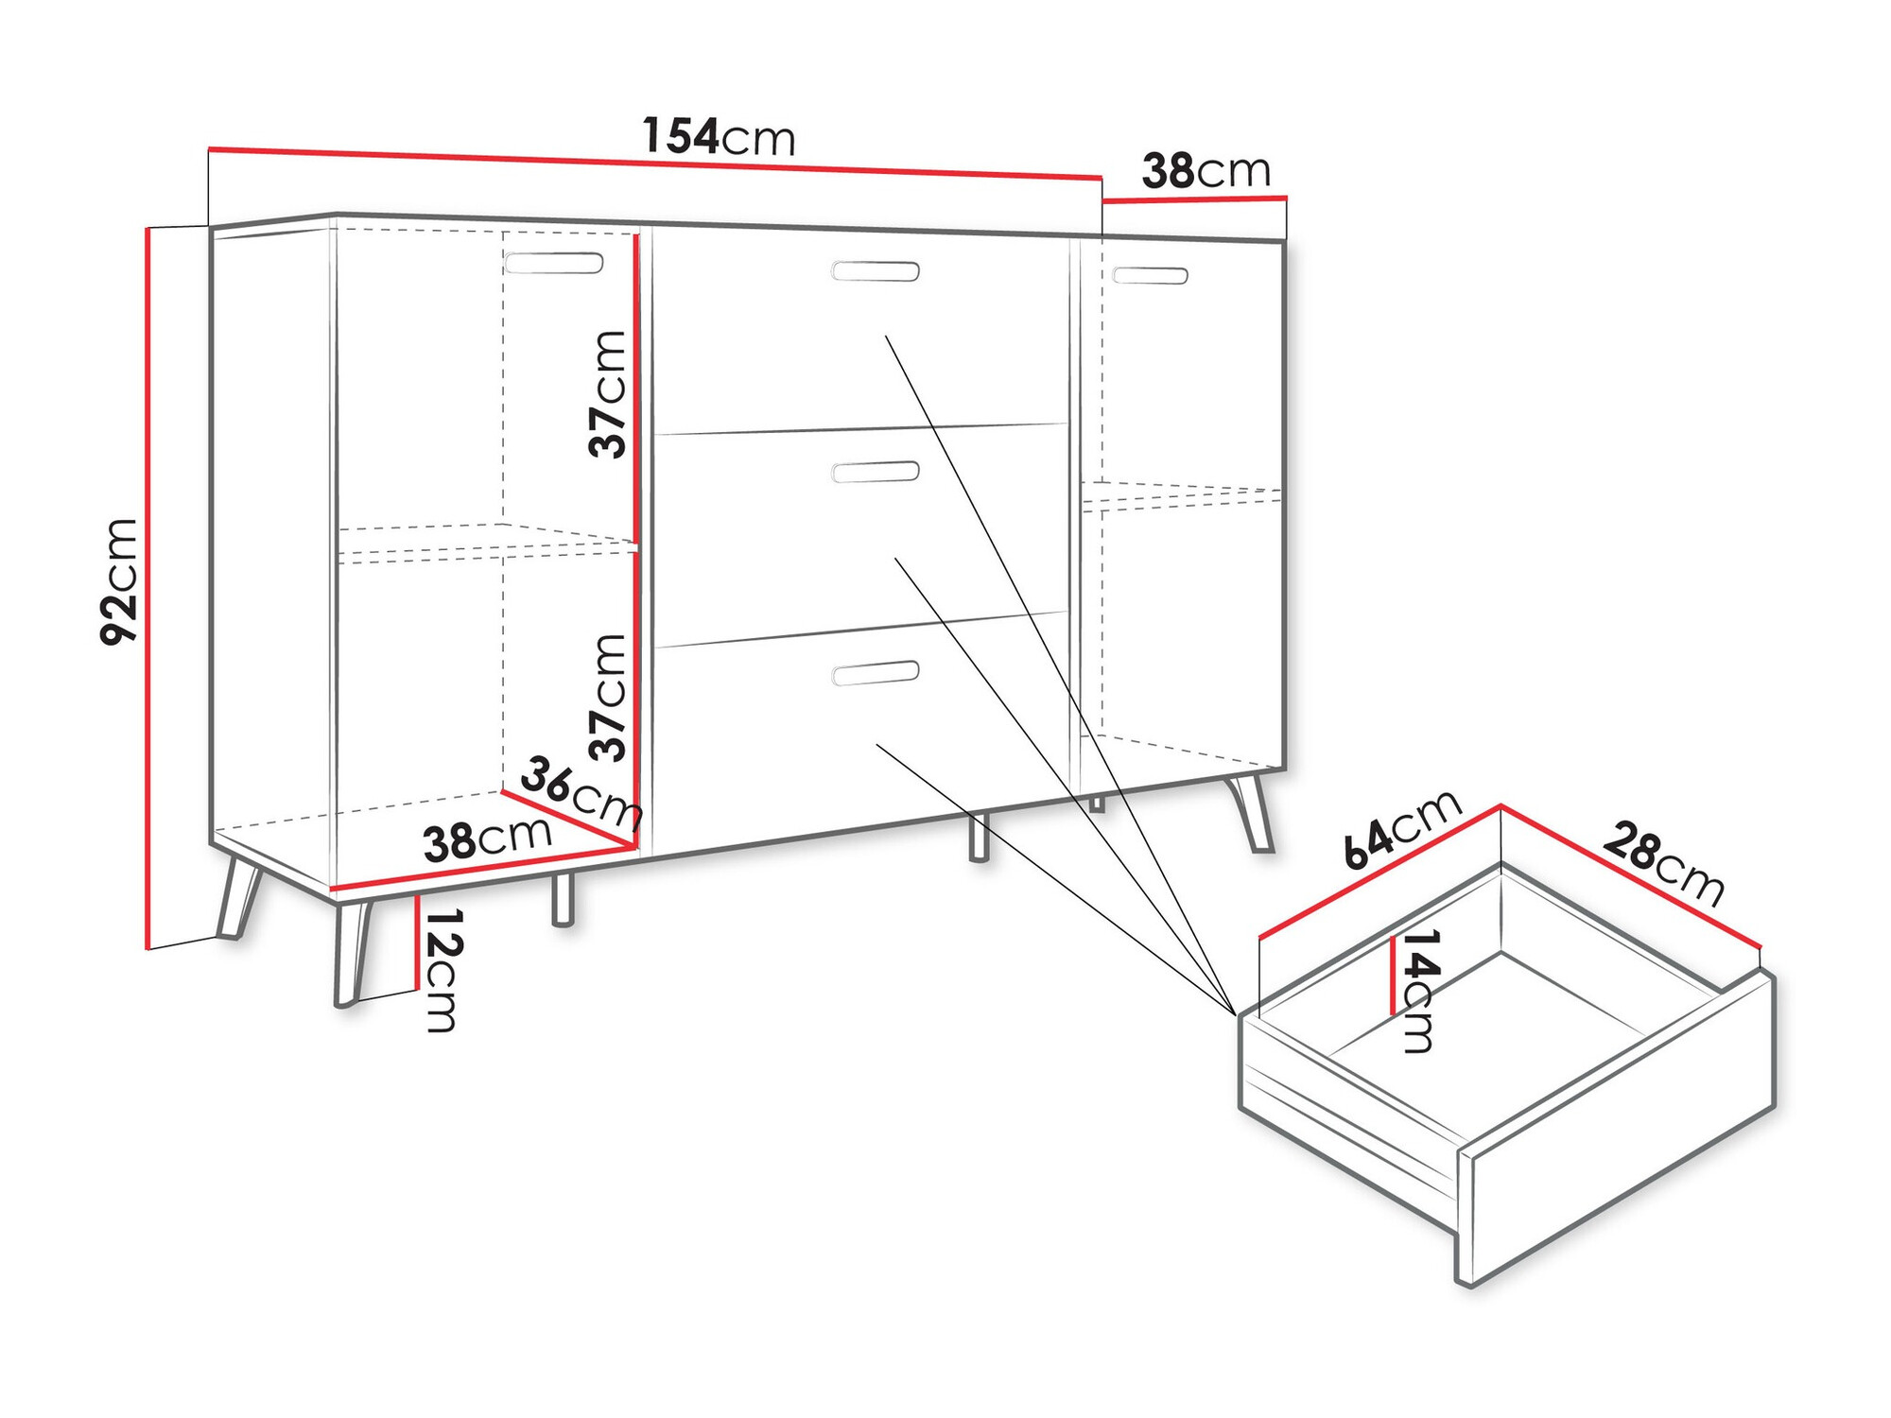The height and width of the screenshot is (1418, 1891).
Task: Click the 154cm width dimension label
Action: [719, 136]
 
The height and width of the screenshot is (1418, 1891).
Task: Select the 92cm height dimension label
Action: [119, 581]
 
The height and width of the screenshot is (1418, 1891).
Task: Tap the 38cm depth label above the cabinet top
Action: [1206, 171]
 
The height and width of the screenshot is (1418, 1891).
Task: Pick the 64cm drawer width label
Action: [1402, 827]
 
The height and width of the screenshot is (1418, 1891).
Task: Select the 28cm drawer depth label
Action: [1664, 863]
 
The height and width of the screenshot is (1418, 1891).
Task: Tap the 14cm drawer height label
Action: [1420, 991]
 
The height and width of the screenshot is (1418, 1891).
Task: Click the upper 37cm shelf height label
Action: [607, 394]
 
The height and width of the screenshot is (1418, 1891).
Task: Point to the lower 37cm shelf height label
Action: [607, 698]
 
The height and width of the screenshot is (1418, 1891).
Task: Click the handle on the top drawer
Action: [875, 271]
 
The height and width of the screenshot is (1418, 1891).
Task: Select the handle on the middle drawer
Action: [875, 472]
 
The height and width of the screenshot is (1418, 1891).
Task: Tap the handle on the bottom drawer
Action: [875, 673]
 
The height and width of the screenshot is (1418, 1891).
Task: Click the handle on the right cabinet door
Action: [1150, 275]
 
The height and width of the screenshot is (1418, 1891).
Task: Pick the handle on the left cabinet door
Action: [554, 263]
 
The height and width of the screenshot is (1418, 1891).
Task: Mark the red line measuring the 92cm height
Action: [147, 586]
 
